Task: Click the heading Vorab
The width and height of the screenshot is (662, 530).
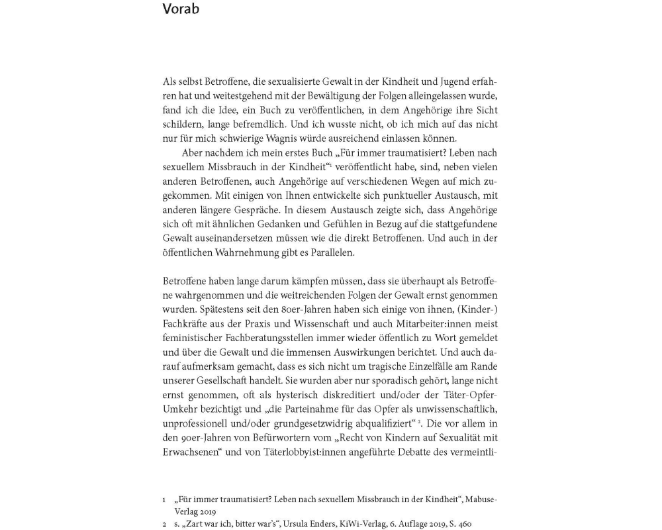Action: [x=181, y=9]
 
